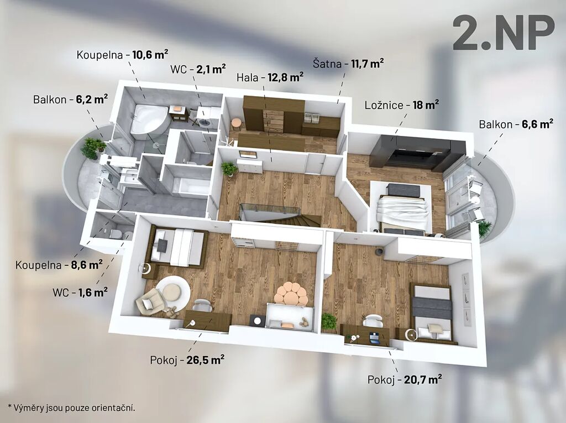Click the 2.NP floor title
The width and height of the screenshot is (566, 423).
(x=504, y=33)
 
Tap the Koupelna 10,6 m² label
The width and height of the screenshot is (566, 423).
(x=122, y=55)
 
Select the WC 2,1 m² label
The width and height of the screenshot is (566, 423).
(x=198, y=69)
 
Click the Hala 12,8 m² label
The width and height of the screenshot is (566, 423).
(x=270, y=77)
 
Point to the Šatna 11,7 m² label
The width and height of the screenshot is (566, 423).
(x=348, y=64)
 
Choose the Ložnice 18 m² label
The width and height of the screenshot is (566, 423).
(x=402, y=105)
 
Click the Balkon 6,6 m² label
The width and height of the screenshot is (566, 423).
(x=516, y=124)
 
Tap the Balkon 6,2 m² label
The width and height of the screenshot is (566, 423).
(x=70, y=100)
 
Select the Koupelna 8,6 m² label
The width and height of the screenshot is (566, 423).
(x=59, y=265)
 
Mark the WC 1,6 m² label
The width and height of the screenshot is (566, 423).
(x=80, y=293)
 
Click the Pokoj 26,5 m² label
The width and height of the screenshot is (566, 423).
(x=187, y=360)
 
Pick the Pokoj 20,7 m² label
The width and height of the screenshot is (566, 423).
(x=405, y=380)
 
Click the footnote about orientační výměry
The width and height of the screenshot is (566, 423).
(x=71, y=408)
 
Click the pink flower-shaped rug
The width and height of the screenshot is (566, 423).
(x=291, y=294)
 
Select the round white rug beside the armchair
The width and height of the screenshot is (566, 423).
(x=172, y=292)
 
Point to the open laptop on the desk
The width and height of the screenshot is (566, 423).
(x=374, y=337)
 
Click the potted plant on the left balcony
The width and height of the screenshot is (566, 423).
(x=92, y=148)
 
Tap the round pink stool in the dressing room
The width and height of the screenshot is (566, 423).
(x=237, y=124)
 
